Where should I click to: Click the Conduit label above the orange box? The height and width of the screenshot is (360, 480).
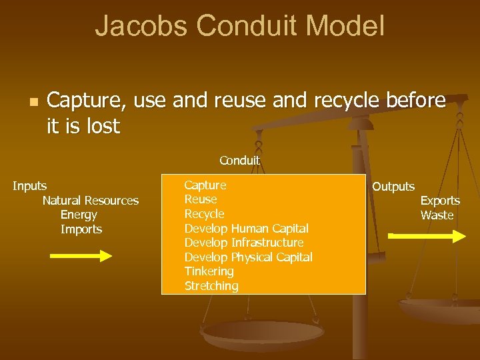(x=239, y=161)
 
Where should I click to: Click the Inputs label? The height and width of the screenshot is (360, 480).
(x=30, y=185)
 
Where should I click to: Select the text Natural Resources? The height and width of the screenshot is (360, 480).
(x=91, y=201)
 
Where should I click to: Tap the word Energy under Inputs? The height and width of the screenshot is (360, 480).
(x=79, y=215)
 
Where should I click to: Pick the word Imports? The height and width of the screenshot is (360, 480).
(x=81, y=229)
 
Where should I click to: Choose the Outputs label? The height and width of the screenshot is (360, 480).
(x=393, y=187)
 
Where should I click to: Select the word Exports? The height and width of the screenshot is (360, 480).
(x=440, y=201)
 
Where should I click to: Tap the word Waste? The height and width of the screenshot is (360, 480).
(x=437, y=215)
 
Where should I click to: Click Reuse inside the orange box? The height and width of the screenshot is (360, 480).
(x=201, y=199)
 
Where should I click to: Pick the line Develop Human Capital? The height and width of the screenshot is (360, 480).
(x=246, y=229)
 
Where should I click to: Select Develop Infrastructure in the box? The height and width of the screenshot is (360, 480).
(x=243, y=243)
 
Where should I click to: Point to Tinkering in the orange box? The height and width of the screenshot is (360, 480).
(x=209, y=271)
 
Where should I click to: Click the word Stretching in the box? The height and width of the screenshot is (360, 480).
(x=211, y=286)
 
